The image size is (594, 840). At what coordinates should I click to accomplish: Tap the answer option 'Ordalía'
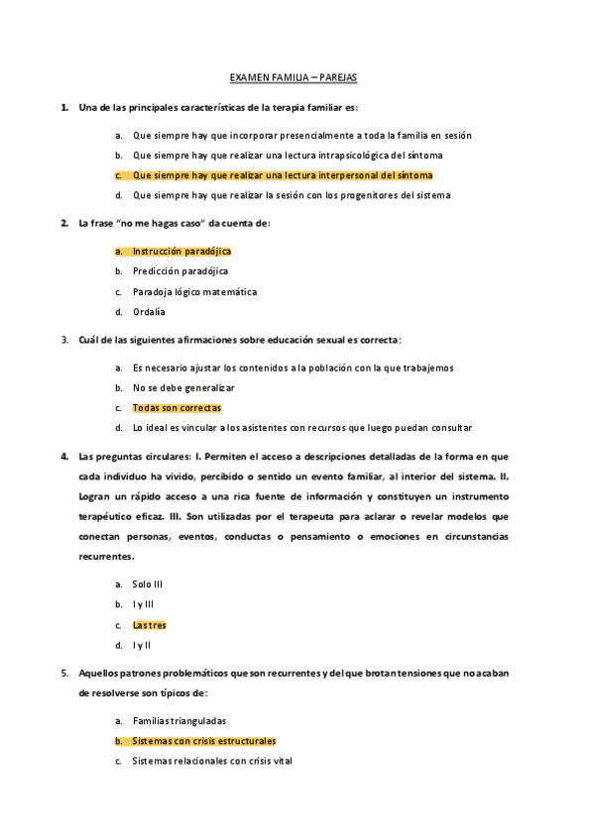(149, 312)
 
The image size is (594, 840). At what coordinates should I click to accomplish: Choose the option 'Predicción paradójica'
(180, 271)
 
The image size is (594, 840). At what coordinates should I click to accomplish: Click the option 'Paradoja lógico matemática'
(194, 292)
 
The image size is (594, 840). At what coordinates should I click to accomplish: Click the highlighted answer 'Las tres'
(150, 625)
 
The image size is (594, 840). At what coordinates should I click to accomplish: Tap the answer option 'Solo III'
(148, 584)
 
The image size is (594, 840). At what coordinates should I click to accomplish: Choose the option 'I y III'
(143, 604)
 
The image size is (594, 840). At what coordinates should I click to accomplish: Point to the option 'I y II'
(142, 645)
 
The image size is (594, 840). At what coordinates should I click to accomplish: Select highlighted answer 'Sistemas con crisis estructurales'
(204, 741)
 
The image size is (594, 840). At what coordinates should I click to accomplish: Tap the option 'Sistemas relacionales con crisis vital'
(212, 761)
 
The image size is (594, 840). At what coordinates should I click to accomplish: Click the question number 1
(63, 106)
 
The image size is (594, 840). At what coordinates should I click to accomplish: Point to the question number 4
(63, 457)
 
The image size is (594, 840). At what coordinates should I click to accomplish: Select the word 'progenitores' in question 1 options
(370, 195)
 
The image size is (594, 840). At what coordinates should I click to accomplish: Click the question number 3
(63, 340)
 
